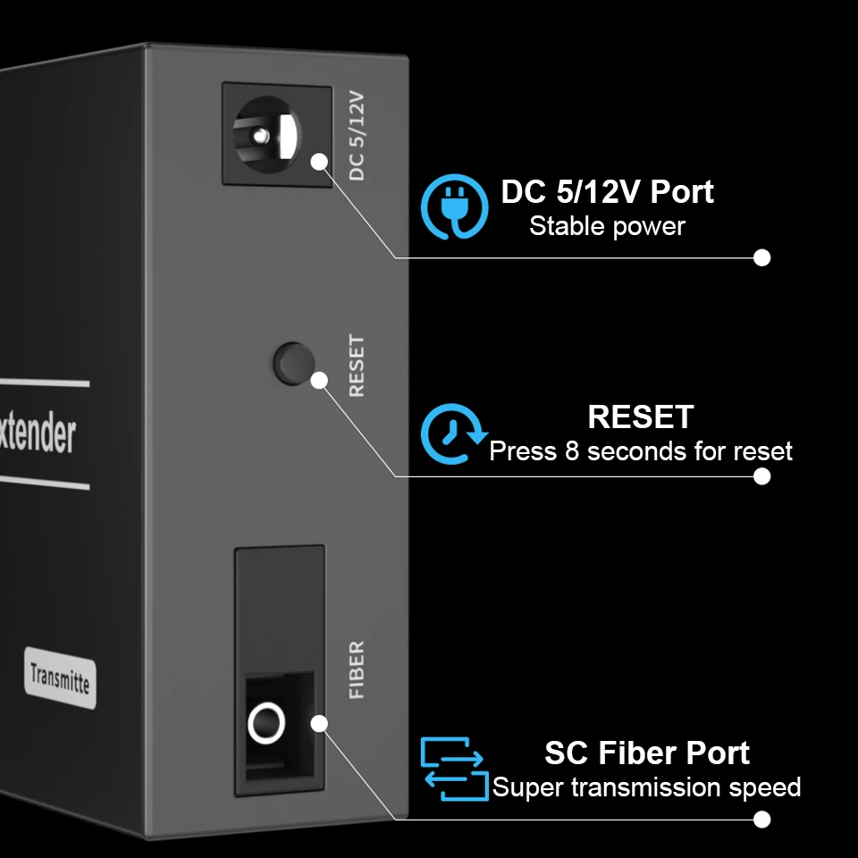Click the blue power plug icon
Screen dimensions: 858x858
pyautogui.click(x=455, y=206)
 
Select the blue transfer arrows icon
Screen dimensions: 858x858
pyautogui.click(x=454, y=768)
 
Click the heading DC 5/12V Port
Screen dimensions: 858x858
pyautogui.click(x=607, y=191)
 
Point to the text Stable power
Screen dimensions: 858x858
pyautogui.click(x=607, y=226)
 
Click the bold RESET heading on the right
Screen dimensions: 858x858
pyautogui.click(x=640, y=416)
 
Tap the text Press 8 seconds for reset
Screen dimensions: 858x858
pyautogui.click(x=640, y=450)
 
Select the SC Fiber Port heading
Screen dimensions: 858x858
pyautogui.click(x=646, y=753)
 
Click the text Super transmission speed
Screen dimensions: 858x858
pyautogui.click(x=646, y=787)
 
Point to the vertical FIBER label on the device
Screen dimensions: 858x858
pyautogui.click(x=357, y=669)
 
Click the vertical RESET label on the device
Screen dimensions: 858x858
pyautogui.click(x=357, y=366)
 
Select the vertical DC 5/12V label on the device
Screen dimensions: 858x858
pyautogui.click(x=357, y=135)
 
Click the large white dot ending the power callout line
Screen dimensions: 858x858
pyautogui.click(x=761, y=257)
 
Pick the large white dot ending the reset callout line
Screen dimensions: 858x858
pyautogui.click(x=761, y=476)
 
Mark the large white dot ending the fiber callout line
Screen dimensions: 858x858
pyautogui.click(x=761, y=819)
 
